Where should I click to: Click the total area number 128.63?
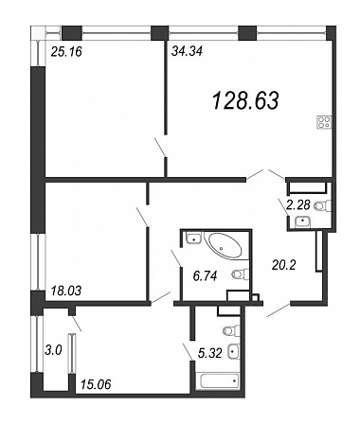[x=245, y=100]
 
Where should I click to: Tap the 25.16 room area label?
[x=66, y=51]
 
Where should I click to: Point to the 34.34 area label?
[x=187, y=51]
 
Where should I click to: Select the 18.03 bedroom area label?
[x=66, y=291]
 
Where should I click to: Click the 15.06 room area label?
[x=96, y=384]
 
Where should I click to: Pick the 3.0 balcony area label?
[x=53, y=350]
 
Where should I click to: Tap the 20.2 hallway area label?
[x=284, y=265]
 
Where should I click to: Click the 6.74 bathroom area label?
[x=206, y=276]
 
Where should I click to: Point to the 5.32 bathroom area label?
[x=210, y=353]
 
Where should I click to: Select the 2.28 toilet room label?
[x=298, y=205]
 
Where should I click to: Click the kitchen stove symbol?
[x=324, y=122]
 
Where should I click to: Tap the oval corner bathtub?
[x=225, y=246]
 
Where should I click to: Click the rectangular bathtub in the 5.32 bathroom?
[x=218, y=381]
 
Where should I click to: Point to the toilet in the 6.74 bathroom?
[x=241, y=274]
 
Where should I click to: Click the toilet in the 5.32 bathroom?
[x=231, y=330]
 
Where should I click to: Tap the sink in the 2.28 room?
[x=303, y=221]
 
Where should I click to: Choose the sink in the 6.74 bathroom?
[x=193, y=238]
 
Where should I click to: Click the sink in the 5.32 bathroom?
[x=234, y=350]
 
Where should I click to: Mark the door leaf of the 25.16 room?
[x=160, y=147]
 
